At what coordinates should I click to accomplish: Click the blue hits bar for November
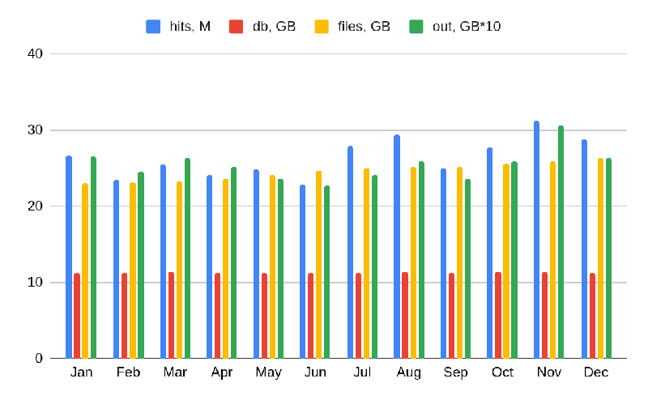(536, 240)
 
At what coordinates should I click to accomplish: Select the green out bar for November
(561, 242)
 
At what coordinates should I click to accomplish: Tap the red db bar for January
(77, 316)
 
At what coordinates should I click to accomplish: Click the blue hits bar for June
(303, 271)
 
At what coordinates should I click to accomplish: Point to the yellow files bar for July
(366, 263)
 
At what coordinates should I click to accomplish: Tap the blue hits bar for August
(397, 246)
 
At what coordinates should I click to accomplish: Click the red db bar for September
(451, 316)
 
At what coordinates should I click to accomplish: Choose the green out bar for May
(280, 269)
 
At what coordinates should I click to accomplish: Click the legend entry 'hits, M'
(178, 27)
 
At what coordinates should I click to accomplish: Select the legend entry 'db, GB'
(262, 27)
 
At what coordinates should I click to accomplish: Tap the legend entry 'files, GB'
(353, 27)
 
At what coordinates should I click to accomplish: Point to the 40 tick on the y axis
(35, 54)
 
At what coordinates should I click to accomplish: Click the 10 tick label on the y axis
(35, 283)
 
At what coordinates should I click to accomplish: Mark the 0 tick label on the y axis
(38, 358)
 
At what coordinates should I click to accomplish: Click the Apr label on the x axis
(222, 372)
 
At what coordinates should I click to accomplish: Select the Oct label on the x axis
(502, 372)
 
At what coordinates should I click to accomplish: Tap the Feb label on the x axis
(128, 372)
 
